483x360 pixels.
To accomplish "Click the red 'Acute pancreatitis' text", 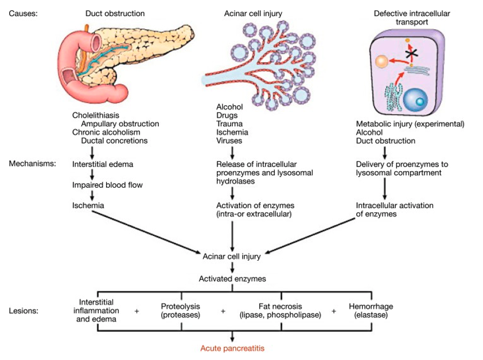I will click(233, 348).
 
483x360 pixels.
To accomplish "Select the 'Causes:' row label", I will click(24, 12).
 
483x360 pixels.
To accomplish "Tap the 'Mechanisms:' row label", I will click(32, 164).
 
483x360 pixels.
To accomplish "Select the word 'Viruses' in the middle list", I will click(229, 141).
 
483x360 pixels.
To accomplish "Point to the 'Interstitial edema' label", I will click(103, 164).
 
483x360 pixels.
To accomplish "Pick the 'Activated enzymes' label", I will click(232, 279).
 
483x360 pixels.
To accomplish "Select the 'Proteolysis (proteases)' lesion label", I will click(181, 311).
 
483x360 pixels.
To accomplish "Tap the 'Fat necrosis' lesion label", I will click(279, 306).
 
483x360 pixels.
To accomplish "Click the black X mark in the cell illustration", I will click(410, 54).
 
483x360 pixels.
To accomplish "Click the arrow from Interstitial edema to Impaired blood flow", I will click(92, 175).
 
